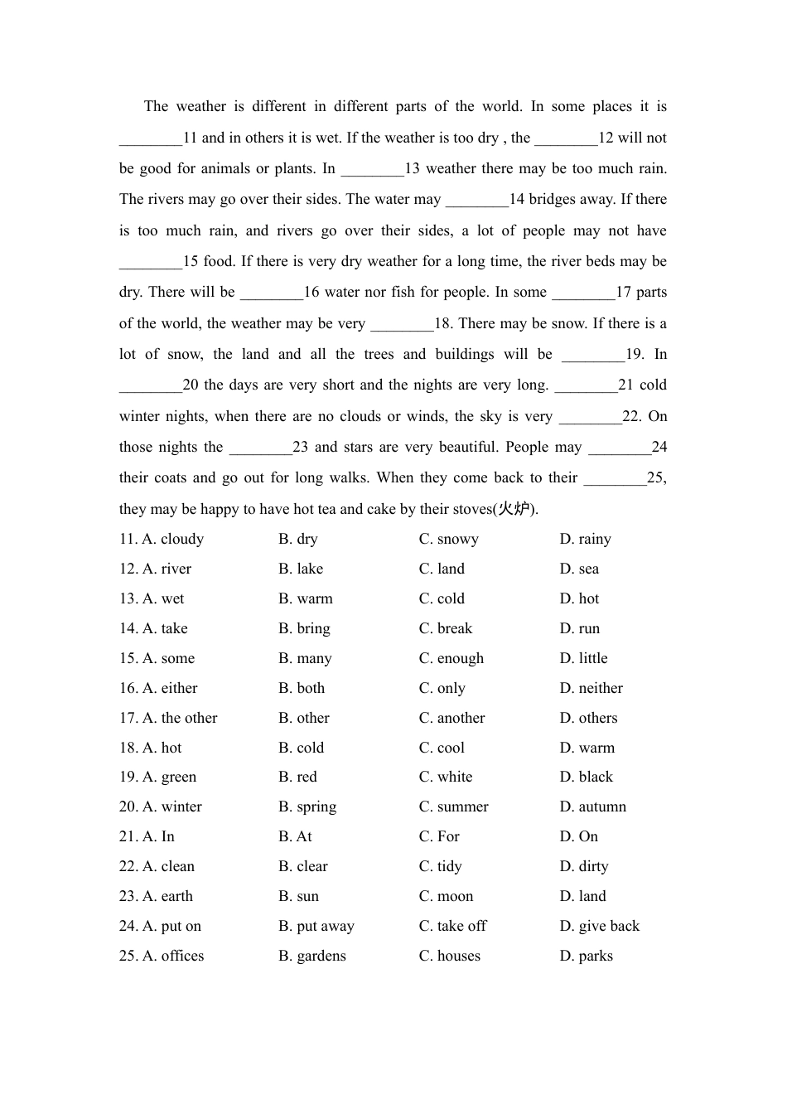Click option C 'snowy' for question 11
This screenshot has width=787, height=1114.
click(448, 539)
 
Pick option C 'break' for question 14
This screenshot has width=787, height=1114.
click(446, 628)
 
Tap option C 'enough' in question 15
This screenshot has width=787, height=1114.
click(451, 658)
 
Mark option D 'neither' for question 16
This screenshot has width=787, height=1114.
click(591, 688)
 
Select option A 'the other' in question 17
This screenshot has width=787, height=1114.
click(180, 718)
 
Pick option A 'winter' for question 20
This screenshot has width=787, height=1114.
click(171, 806)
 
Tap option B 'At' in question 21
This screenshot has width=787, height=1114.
click(295, 836)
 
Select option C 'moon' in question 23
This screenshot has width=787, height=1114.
click(447, 896)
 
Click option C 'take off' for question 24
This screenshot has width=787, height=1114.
click(453, 926)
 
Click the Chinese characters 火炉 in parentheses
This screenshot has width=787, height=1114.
click(514, 509)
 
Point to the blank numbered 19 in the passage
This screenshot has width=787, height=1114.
click(593, 355)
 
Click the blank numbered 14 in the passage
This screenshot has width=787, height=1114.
click(476, 200)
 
